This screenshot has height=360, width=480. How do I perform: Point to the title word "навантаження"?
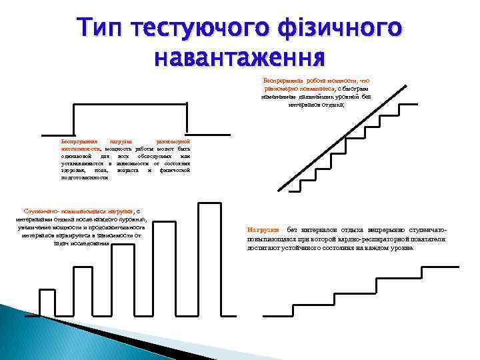(239, 57)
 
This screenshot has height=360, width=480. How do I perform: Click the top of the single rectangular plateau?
(130, 104)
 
